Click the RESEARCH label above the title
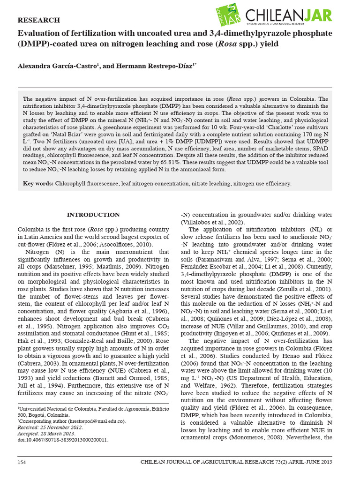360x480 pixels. point(38,20)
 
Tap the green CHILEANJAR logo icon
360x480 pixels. point(229,15)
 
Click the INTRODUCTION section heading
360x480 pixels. point(93,215)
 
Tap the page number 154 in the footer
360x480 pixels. point(22,462)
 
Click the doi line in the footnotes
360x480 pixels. point(63,440)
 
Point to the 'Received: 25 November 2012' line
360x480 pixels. point(51,427)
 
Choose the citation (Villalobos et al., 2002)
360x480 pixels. point(213,222)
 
